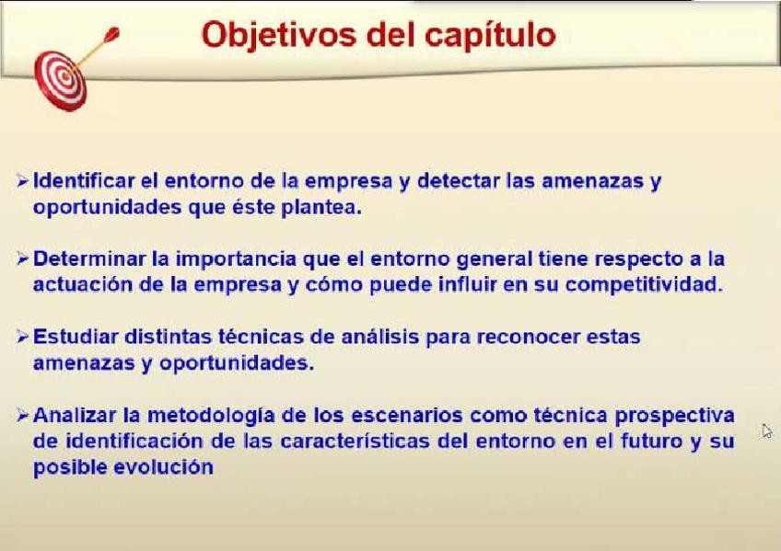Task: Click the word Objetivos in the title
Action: pos(279,35)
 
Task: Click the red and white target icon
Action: pos(61,81)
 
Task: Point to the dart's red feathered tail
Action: pos(111,35)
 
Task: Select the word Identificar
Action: pos(84,180)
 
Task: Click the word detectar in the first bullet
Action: pos(459,180)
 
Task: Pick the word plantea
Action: pos(321,207)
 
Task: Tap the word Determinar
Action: pos(89,258)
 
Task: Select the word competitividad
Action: pos(644,285)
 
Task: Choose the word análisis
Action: pos(379,337)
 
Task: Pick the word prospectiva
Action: pos(675,416)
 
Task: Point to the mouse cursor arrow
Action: pos(767,431)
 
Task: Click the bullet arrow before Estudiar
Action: pos(22,337)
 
